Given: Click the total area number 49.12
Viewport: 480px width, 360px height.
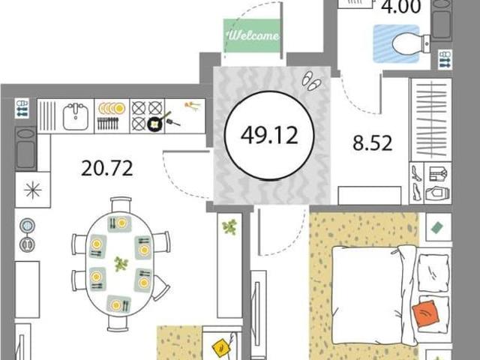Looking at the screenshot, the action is [269, 135].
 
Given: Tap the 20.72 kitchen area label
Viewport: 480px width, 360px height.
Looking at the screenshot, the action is [107, 168].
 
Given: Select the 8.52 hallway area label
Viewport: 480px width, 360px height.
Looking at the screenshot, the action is [372, 143].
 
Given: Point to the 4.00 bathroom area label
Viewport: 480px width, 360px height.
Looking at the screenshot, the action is [400, 7].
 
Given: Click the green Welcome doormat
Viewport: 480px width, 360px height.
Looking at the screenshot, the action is [252, 35].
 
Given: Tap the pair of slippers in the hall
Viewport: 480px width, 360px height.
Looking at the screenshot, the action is [311, 81].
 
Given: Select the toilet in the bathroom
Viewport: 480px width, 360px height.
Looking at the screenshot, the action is [410, 43].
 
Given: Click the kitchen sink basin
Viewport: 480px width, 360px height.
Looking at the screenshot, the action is [76, 116].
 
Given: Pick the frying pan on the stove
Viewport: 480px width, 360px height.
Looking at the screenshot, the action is [157, 122].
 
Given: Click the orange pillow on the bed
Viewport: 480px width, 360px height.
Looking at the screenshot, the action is [426, 314].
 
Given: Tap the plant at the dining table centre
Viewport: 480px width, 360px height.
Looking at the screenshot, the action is [121, 264].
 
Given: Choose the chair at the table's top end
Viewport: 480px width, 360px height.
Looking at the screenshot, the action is [121, 205].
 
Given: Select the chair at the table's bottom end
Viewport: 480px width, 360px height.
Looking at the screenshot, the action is [118, 323].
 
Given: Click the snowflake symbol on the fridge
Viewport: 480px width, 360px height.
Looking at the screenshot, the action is [33, 190].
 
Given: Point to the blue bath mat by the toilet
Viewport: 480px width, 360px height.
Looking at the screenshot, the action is [396, 43].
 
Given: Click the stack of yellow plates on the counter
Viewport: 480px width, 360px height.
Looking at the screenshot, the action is [112, 108].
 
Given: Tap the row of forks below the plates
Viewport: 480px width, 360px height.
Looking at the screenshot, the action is [108, 123].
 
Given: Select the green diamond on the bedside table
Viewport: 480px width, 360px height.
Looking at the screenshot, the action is [436, 228].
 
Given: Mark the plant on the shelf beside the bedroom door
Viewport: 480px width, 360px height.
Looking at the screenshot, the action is [229, 226].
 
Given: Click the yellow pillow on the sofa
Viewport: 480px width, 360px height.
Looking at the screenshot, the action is [222, 348].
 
